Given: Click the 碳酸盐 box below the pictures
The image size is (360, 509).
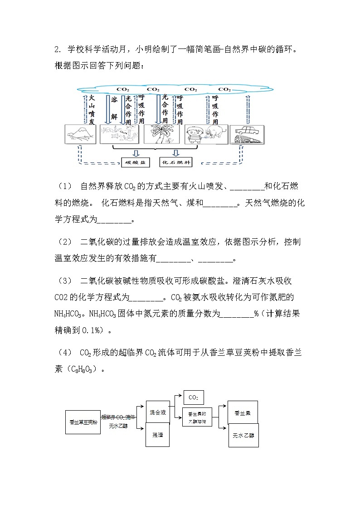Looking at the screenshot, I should pos(135,162).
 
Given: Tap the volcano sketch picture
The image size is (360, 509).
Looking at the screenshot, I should pos(80,134).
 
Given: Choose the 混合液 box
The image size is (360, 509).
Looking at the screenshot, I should pos(157,412).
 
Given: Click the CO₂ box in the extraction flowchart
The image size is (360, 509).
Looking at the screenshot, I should pos(193,397).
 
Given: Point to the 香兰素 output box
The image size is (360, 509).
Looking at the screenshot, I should pos(243,412).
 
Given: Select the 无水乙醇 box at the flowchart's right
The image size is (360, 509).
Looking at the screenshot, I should pos(243,435).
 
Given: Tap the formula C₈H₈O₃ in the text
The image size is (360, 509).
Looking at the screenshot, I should pos(82,369).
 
